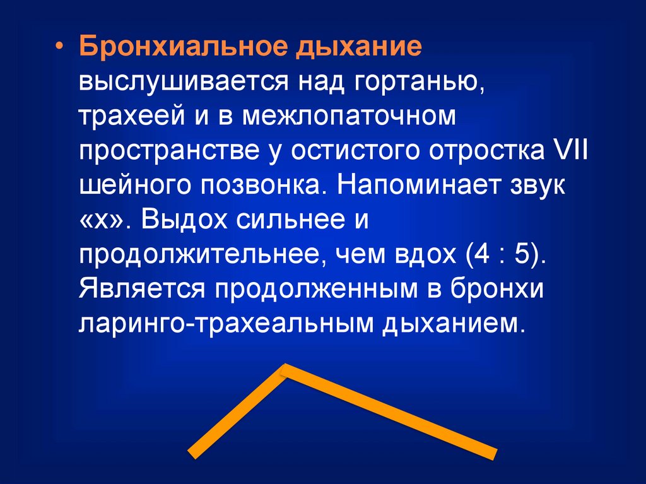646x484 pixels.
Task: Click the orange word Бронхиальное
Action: [x=182, y=45]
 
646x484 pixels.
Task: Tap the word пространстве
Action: [x=170, y=151]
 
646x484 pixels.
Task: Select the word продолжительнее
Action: [x=199, y=256]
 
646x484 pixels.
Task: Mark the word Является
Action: [x=141, y=288]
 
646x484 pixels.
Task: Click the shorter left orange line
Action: [x=237, y=411]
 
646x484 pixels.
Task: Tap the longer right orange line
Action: [x=389, y=413]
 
